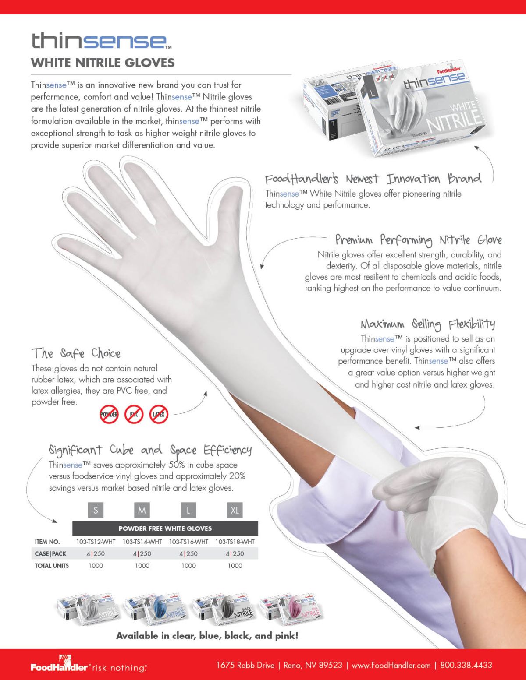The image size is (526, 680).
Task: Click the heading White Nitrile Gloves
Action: [103, 63]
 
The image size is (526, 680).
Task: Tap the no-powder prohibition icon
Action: [109, 414]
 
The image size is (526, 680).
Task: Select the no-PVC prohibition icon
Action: [134, 414]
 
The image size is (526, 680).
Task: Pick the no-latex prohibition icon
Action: [159, 414]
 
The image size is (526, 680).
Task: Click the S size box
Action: [96, 510]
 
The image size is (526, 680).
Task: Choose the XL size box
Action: [235, 510]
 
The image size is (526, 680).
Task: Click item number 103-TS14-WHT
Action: [142, 542]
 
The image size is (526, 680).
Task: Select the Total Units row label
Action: [52, 566]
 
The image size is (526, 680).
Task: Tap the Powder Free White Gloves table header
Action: [165, 528]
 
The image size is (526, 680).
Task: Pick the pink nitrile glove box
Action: [290, 609]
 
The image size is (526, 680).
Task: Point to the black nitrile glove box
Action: [223, 609]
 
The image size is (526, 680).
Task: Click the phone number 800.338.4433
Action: [466, 665]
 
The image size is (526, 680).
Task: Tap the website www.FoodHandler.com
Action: [391, 665]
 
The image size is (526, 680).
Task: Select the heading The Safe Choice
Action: [76, 353]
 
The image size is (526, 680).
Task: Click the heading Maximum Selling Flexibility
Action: [428, 324]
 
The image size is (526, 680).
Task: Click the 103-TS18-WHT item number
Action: [235, 542]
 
